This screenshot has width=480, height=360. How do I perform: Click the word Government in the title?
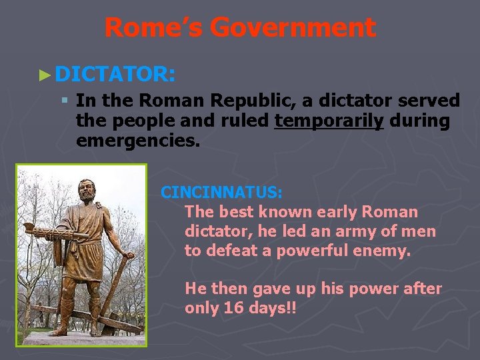click(x=293, y=28)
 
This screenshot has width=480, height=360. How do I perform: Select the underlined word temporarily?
click(x=329, y=121)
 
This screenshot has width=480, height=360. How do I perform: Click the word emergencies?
click(x=138, y=141)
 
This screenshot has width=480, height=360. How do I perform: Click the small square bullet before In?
click(x=64, y=101)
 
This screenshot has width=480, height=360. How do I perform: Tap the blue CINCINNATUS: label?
click(x=222, y=192)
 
